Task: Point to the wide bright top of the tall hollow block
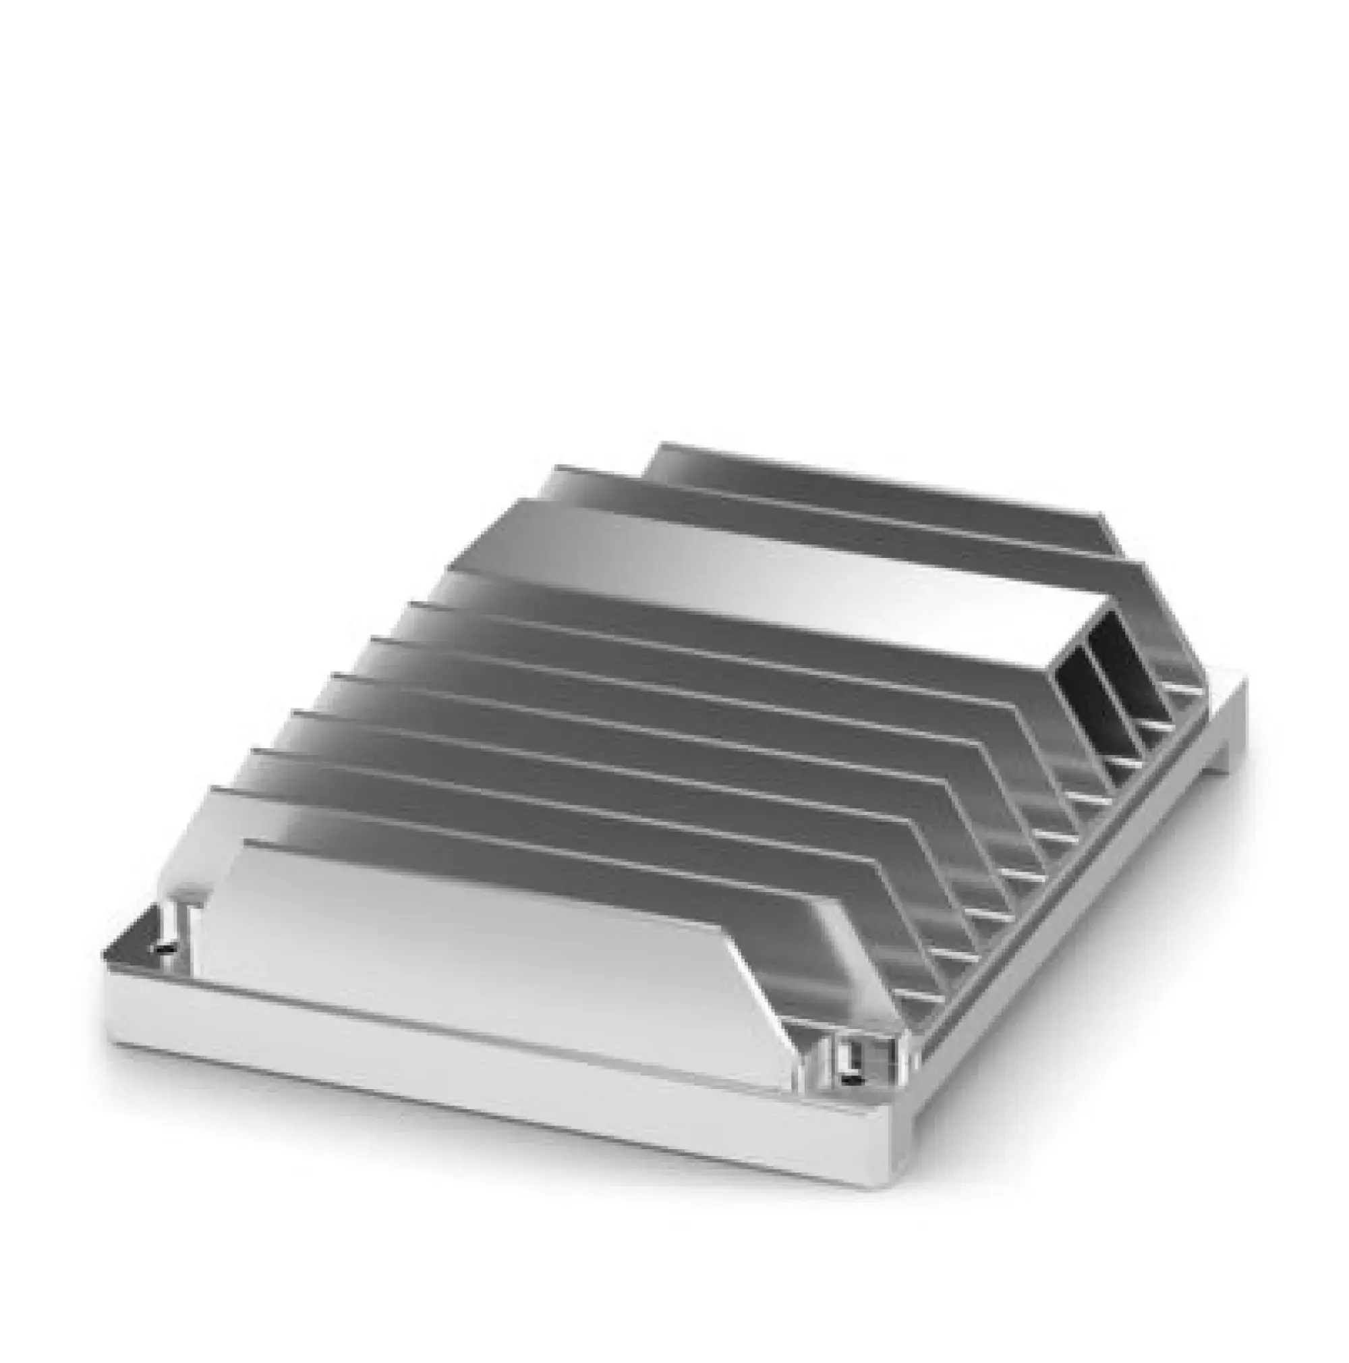click(776, 557)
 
